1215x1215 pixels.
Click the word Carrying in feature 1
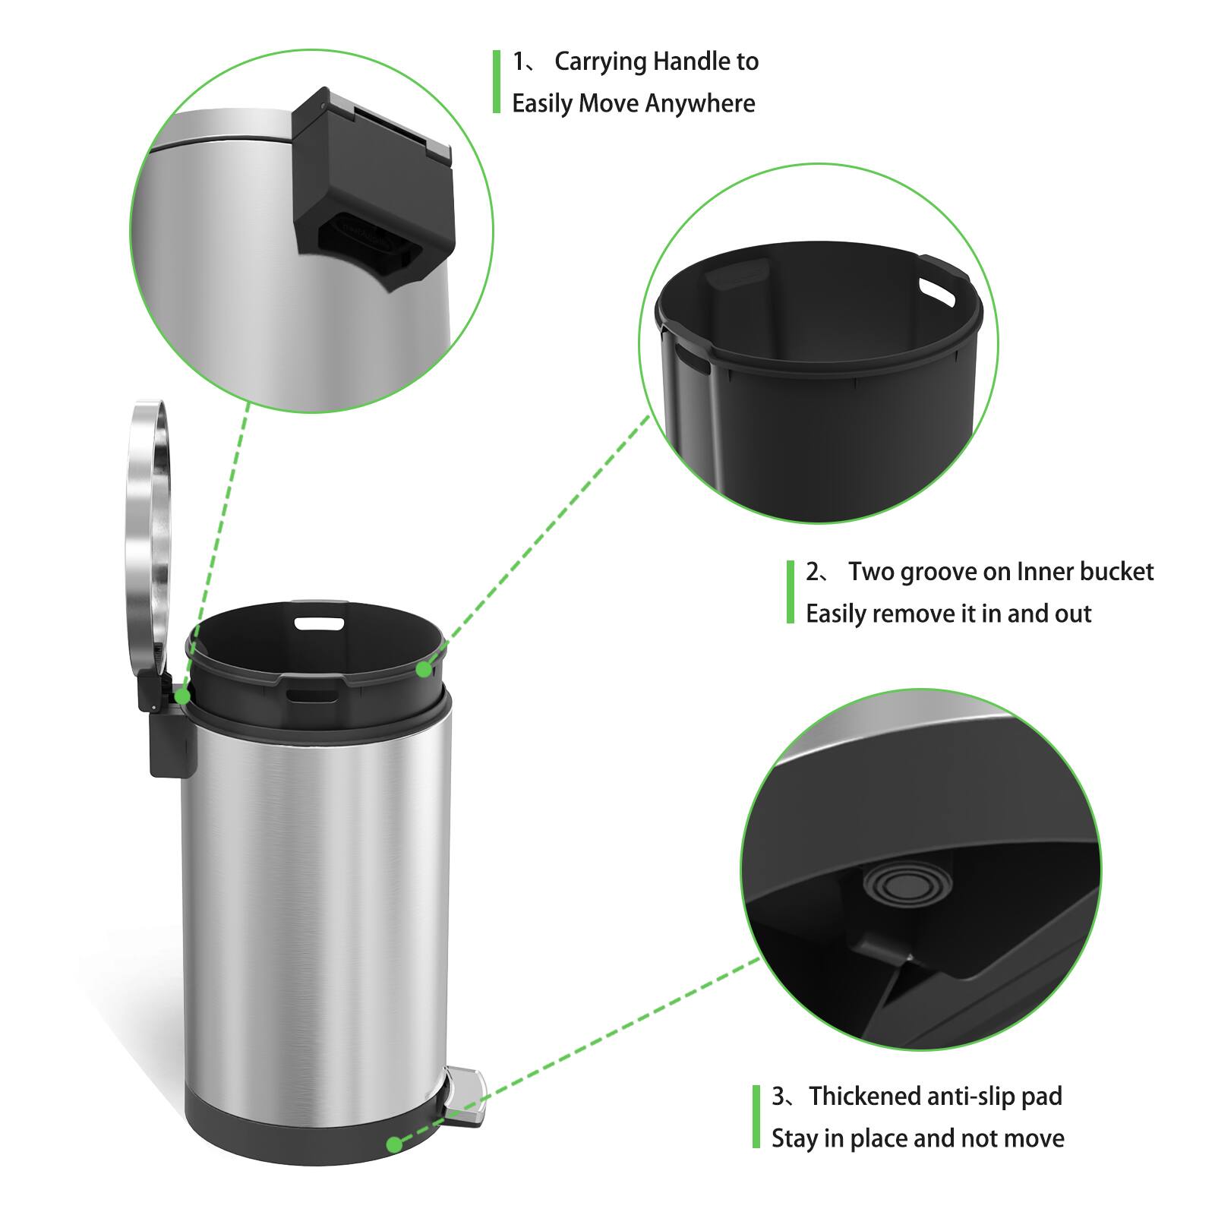pos(601,62)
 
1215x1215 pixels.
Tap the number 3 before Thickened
pos(778,1096)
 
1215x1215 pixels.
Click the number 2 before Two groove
pos(813,571)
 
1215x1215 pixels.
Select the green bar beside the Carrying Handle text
pos(497,82)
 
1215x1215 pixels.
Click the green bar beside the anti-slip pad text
pos(756,1116)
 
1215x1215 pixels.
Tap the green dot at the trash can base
pos(393,1144)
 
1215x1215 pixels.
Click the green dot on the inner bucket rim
pos(424,669)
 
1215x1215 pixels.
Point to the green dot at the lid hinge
pos(182,696)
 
